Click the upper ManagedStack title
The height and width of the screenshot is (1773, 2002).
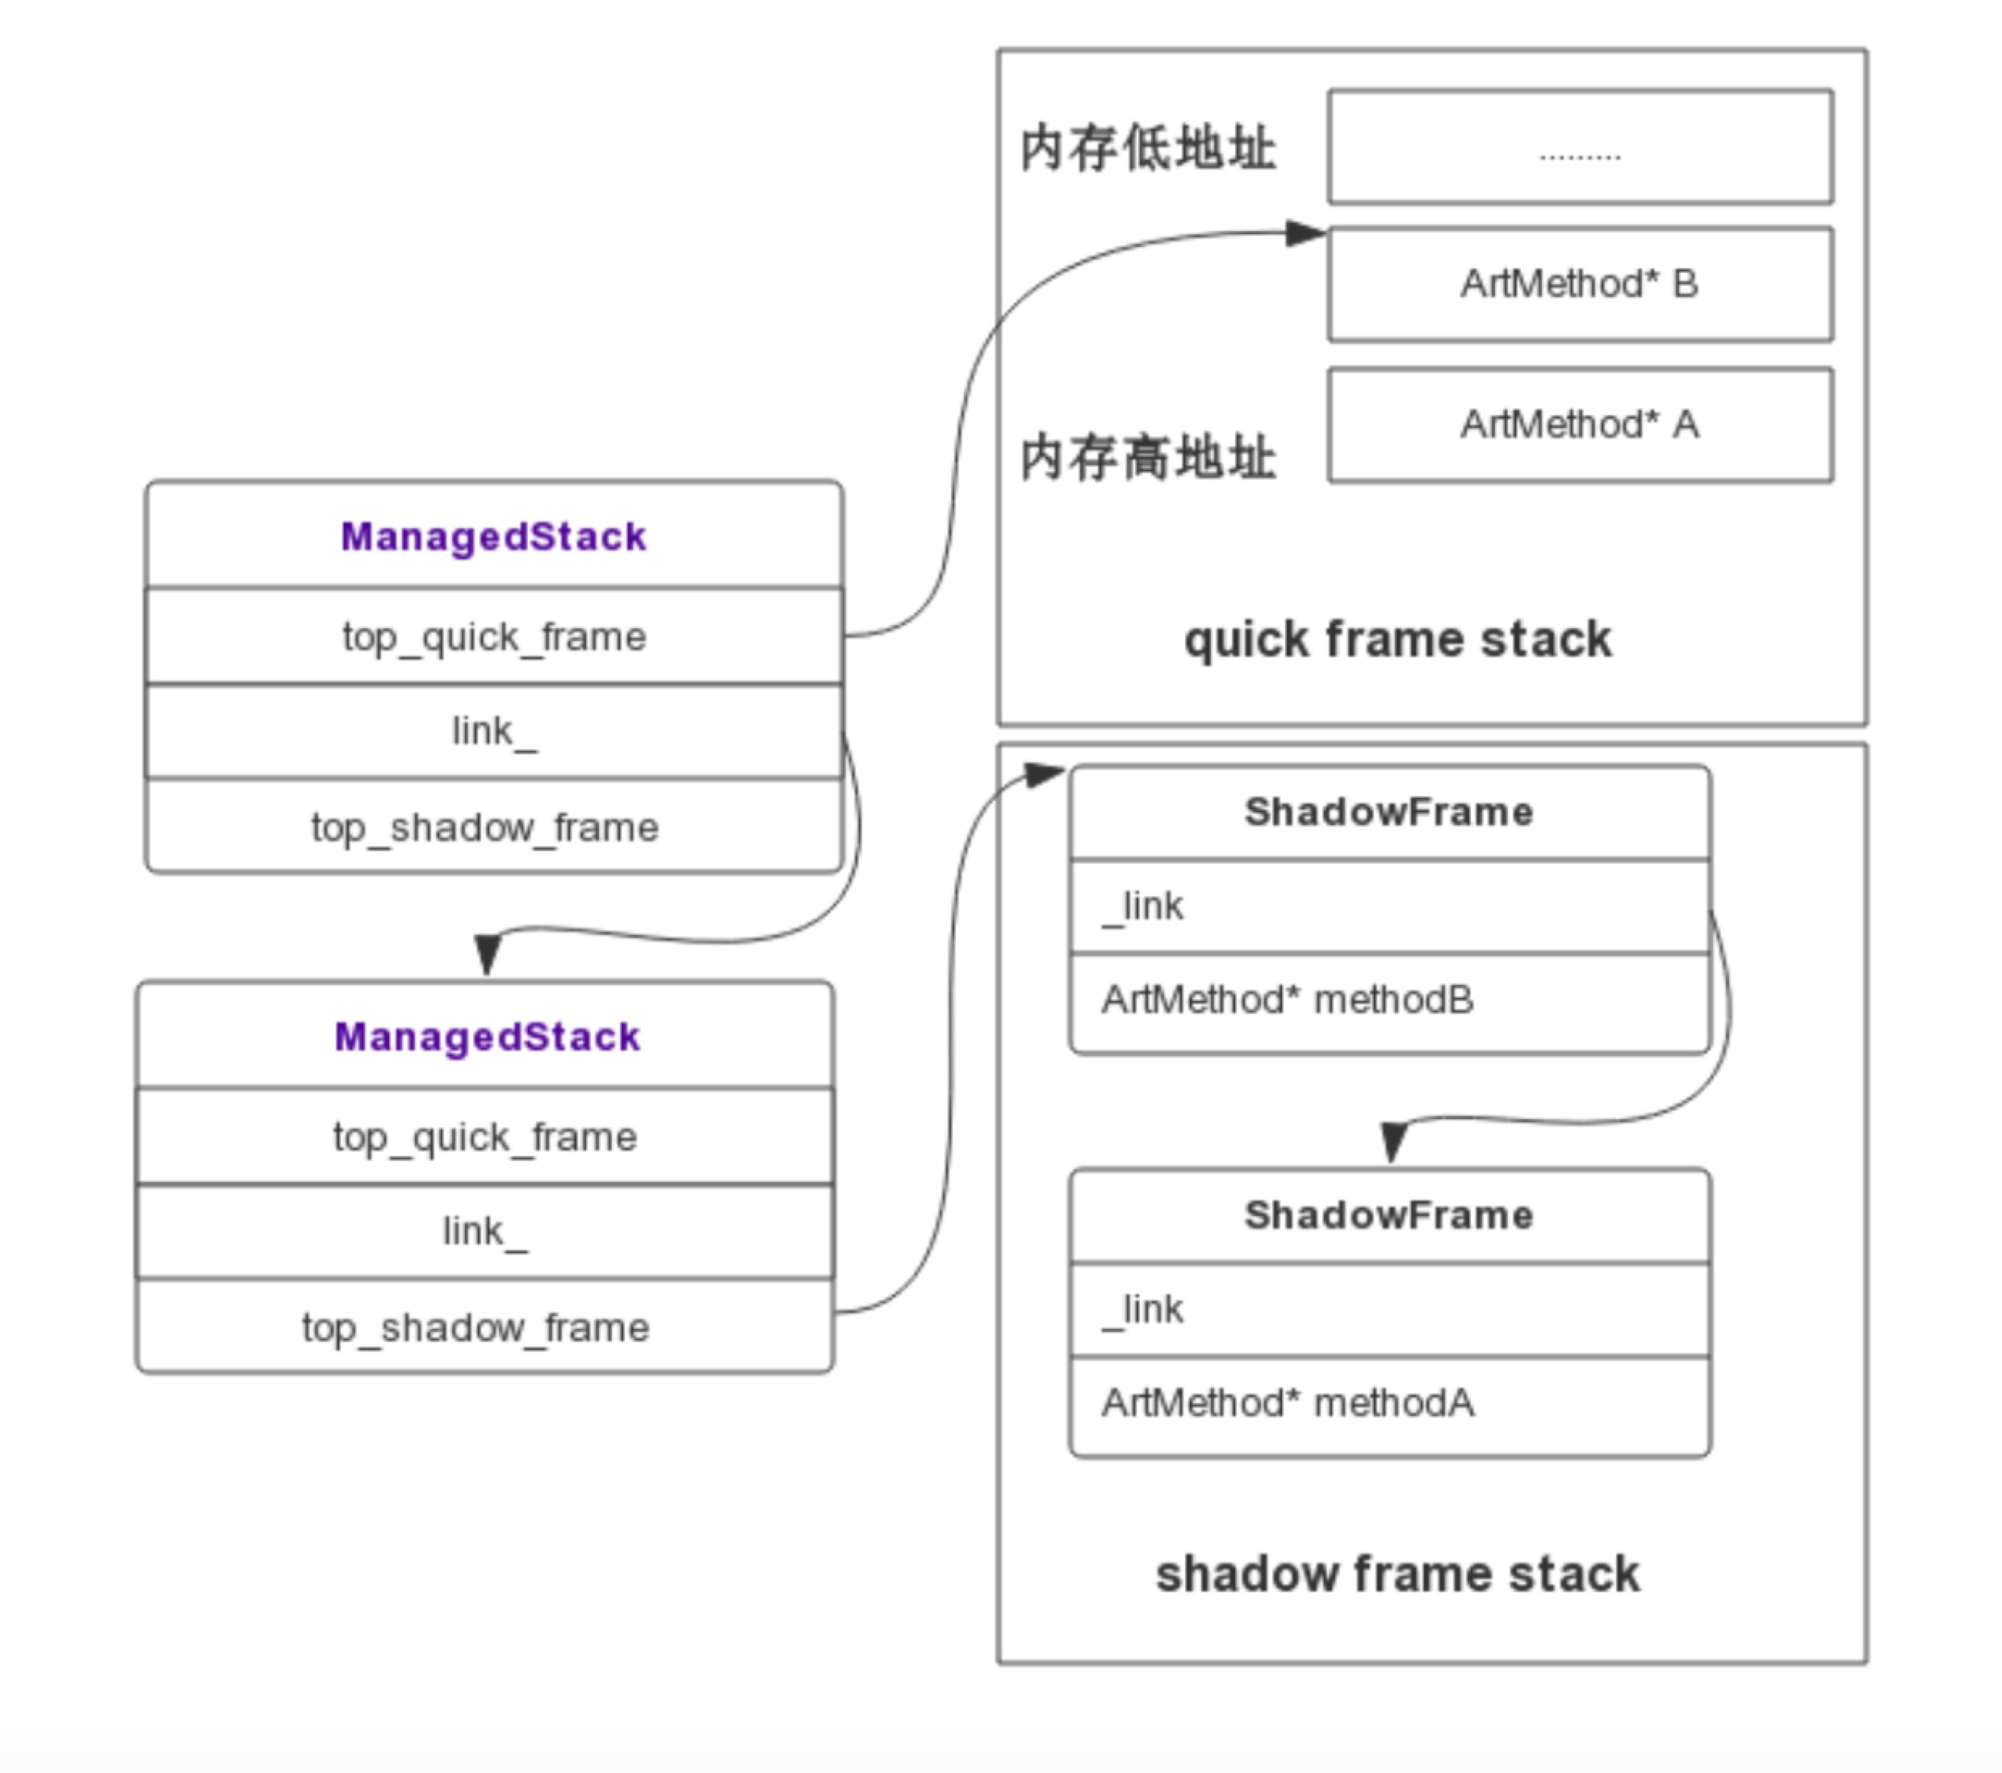click(x=494, y=537)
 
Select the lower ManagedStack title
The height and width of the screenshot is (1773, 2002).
click(x=487, y=1037)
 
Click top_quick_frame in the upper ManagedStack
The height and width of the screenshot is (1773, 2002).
click(x=494, y=637)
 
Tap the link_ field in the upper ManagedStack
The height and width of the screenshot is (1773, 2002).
click(x=494, y=731)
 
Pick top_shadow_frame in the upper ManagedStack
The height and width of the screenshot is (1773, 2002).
click(x=485, y=827)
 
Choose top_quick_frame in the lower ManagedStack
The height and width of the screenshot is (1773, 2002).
click(x=485, y=1136)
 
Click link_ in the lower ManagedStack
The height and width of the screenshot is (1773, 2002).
click(x=485, y=1231)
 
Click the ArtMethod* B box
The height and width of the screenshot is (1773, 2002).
click(x=1579, y=284)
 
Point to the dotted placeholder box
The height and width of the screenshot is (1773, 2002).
click(x=1579, y=147)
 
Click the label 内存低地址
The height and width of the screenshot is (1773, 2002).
click(x=1148, y=149)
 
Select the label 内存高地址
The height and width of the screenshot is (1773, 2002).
click(x=1148, y=458)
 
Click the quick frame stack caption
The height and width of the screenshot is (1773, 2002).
click(x=1397, y=639)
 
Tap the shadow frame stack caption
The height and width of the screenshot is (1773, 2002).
click(x=1397, y=1574)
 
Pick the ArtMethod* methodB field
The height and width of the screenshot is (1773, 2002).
click(x=1288, y=1000)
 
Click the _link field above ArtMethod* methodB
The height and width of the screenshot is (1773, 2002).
click(x=1144, y=906)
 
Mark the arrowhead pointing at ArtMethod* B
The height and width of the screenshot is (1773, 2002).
click(x=1305, y=233)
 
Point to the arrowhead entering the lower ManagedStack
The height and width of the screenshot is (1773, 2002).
click(x=487, y=955)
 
